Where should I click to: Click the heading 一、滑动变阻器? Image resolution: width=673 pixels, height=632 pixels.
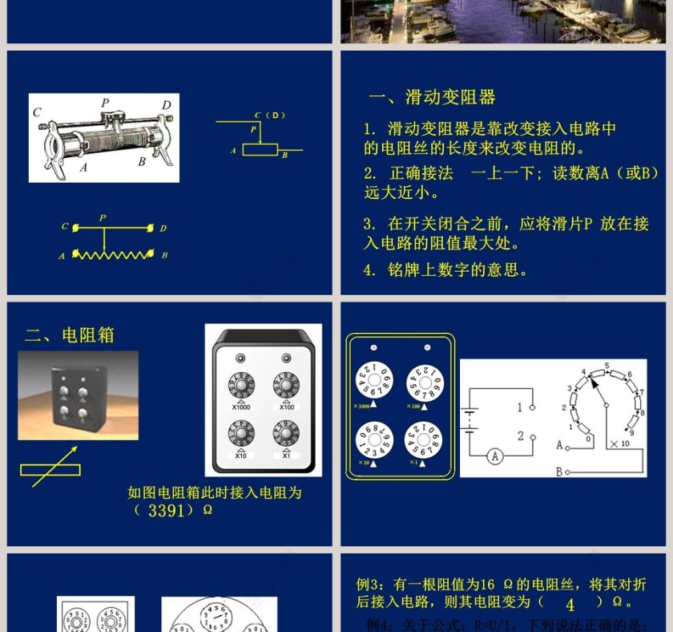coord(432,98)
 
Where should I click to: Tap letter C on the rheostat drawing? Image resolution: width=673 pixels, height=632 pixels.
coord(37,112)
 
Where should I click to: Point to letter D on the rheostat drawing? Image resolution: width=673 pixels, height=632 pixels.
coord(166,105)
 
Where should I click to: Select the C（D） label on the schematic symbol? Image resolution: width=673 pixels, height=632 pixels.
coord(270,115)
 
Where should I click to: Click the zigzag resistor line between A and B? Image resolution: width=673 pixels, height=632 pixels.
coord(113,254)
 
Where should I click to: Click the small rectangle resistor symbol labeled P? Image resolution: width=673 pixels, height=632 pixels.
coord(260,149)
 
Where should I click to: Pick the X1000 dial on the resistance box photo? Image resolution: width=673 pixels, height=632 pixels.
coord(241,386)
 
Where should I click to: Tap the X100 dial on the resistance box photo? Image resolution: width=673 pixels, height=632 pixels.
coord(286,386)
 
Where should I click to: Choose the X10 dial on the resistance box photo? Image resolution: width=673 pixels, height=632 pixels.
coord(241,436)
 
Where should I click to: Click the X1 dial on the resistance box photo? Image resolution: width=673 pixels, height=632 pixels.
coord(286,436)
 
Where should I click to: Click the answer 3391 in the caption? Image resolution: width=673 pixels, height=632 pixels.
coord(167,510)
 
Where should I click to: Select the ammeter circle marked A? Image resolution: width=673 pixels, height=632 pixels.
coord(495,456)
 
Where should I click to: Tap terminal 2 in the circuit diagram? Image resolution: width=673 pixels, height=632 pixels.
coord(520,436)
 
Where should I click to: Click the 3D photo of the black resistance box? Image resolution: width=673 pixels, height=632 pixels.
coord(78,395)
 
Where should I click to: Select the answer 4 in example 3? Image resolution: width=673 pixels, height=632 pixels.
coord(570,604)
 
